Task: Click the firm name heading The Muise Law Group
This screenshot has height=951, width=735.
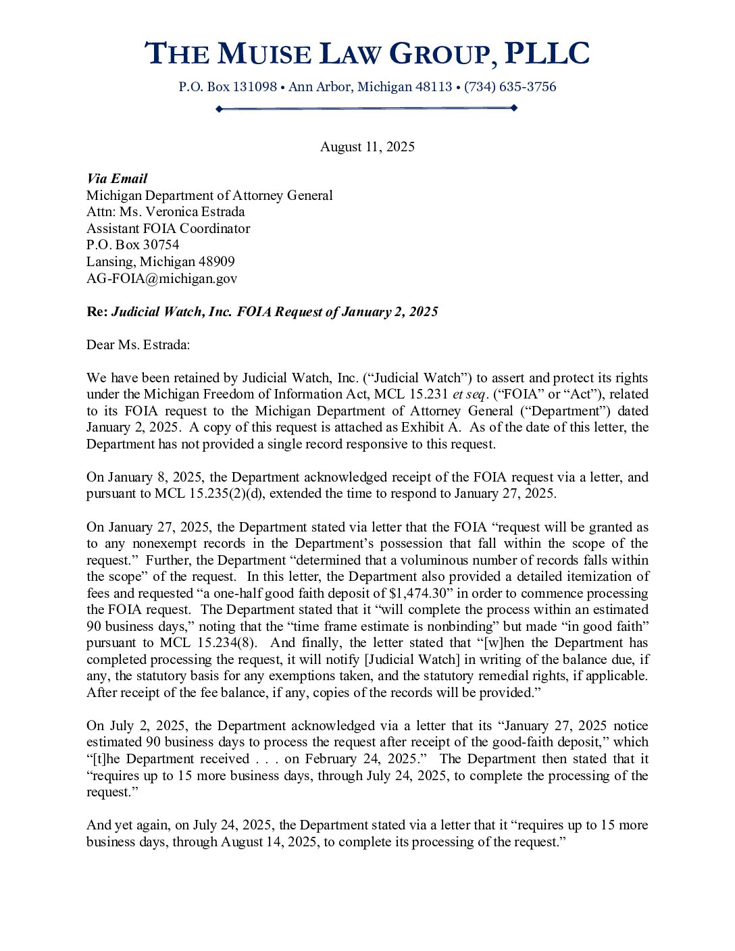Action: (x=367, y=54)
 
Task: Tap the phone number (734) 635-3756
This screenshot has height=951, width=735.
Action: (x=510, y=86)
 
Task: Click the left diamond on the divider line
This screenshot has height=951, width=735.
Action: (x=219, y=108)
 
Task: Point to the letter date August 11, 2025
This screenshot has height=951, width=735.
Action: (x=367, y=147)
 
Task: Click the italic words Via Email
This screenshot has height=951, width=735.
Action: (x=117, y=178)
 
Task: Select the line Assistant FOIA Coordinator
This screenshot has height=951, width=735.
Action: (x=168, y=228)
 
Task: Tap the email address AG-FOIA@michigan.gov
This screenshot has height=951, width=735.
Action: (x=161, y=278)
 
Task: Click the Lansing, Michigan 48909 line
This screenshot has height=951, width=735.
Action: (x=160, y=261)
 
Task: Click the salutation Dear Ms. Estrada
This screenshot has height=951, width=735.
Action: (x=138, y=344)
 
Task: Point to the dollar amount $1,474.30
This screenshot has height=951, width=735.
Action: (x=421, y=593)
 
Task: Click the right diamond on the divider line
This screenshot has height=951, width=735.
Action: (x=514, y=108)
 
